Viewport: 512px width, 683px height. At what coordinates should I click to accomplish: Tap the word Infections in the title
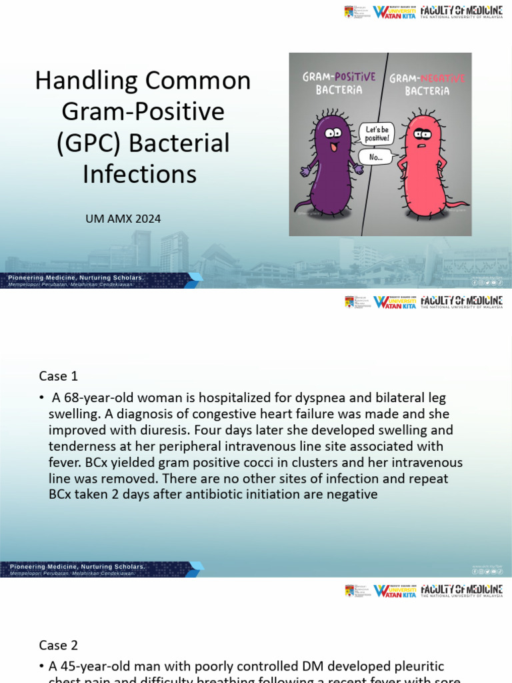coord(140,174)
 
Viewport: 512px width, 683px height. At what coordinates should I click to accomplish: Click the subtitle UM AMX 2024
coord(123,218)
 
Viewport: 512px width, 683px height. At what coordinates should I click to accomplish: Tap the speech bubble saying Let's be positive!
coord(377,133)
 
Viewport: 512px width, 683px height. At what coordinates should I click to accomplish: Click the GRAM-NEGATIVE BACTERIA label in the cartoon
coord(427,84)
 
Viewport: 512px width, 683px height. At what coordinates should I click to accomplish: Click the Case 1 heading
coord(63,376)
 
